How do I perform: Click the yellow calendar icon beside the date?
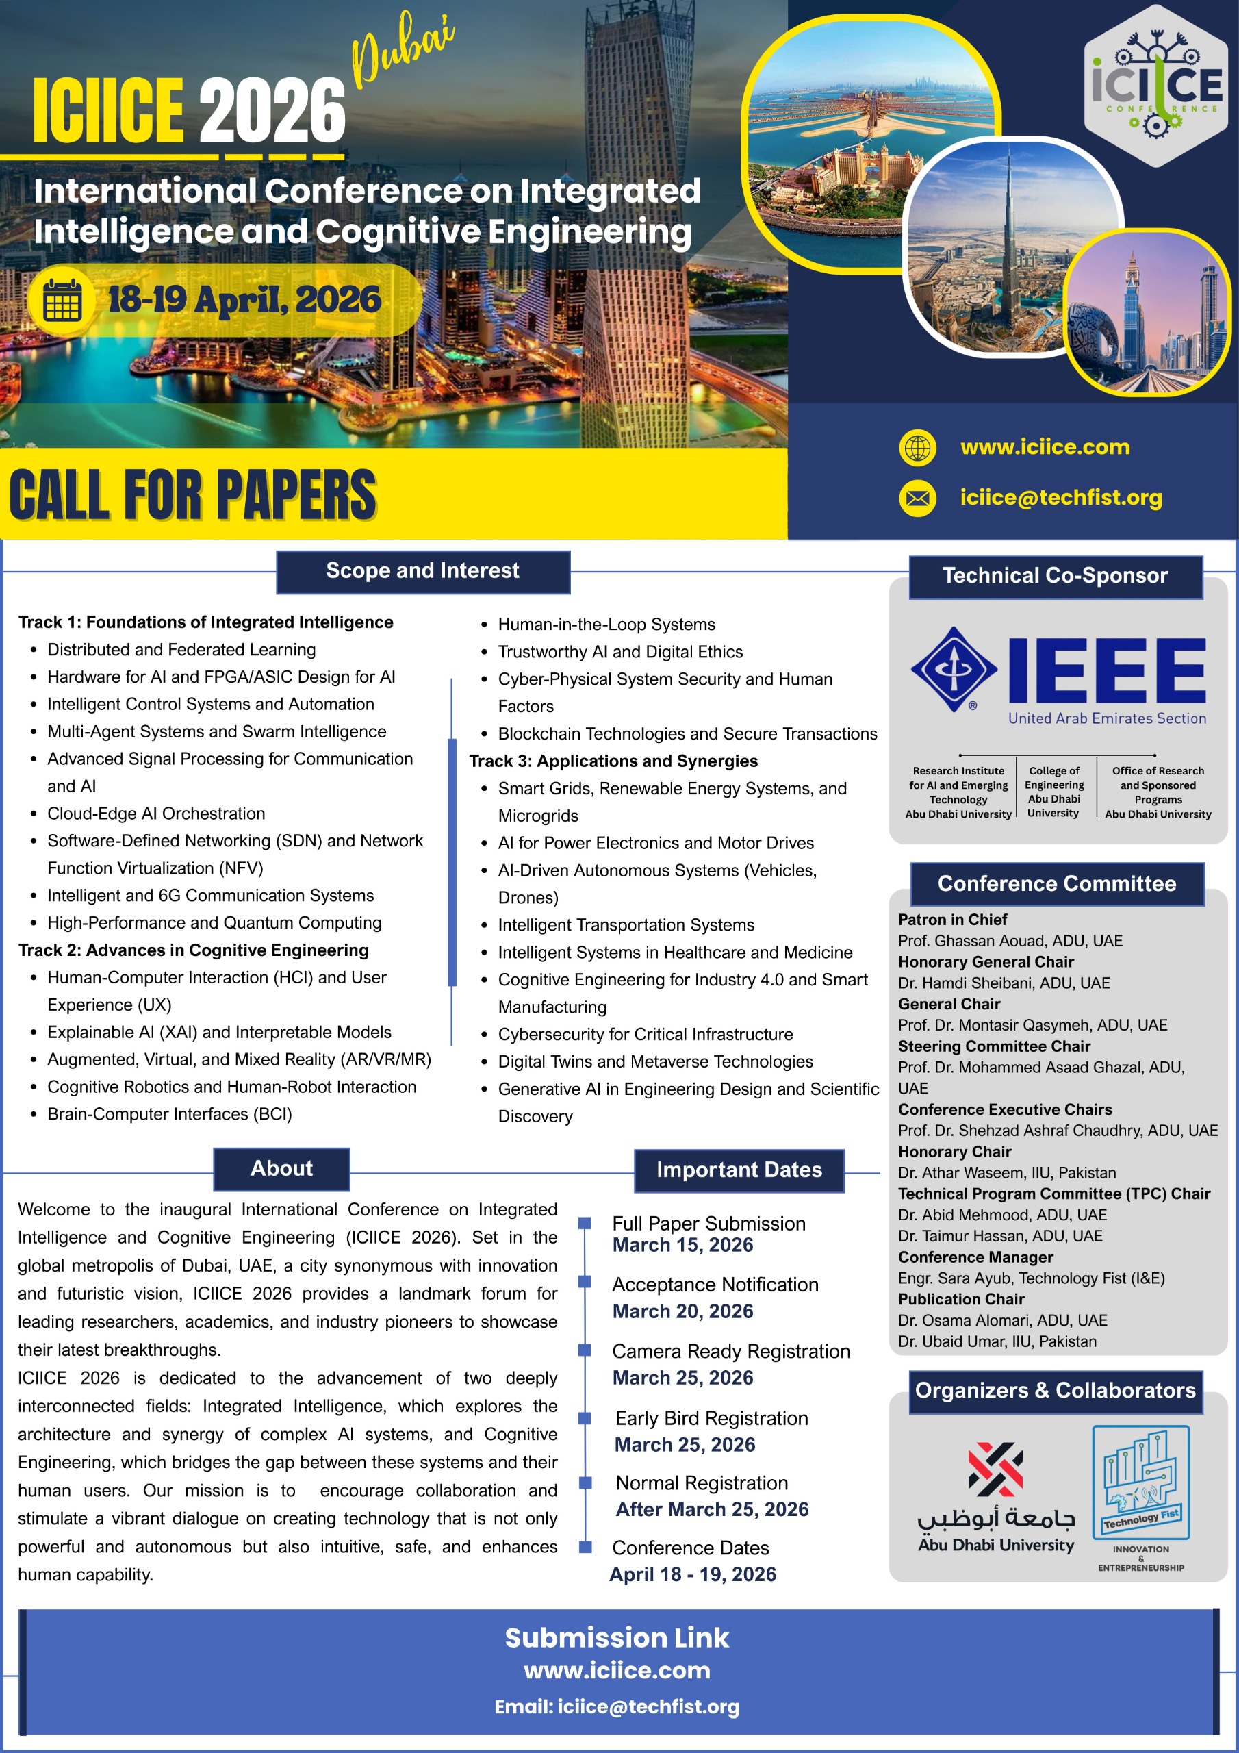(62, 300)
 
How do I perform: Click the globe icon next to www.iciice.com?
(917, 447)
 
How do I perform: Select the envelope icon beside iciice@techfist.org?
(917, 499)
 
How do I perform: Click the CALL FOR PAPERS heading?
(193, 495)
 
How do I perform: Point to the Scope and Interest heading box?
(422, 571)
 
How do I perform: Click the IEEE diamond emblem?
(954, 669)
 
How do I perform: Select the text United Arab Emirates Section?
(1106, 718)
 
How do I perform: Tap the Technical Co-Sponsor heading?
(1055, 577)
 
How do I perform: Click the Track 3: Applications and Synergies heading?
(613, 761)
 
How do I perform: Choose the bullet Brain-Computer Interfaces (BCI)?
(170, 1114)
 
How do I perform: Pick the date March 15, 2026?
(682, 1246)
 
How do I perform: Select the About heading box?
(282, 1169)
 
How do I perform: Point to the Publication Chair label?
(961, 1300)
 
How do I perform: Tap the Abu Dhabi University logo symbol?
(995, 1469)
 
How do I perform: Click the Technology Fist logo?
(1140, 1481)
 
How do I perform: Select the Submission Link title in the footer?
(617, 1638)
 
